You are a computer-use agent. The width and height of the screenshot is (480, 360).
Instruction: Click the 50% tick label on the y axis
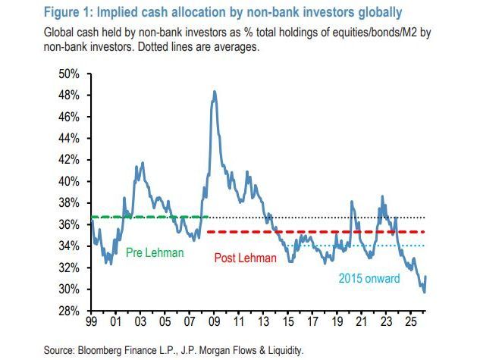tap(69, 74)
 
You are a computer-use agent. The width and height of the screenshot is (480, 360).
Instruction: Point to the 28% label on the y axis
tap(69, 311)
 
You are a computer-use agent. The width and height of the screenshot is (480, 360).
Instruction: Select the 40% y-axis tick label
tap(69, 182)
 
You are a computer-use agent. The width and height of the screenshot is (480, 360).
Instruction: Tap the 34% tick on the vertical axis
tap(69, 246)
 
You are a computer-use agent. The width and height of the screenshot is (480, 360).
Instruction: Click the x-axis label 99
tap(91, 322)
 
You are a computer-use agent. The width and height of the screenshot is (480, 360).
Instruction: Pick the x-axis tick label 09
tap(213, 322)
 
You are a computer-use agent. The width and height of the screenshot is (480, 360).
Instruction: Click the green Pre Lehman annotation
tap(155, 253)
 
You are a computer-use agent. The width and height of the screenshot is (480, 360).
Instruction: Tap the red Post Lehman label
tap(240, 258)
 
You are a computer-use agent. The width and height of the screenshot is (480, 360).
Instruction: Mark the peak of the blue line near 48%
tap(215, 92)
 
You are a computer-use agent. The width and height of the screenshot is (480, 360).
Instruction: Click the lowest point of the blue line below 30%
tap(424, 292)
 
